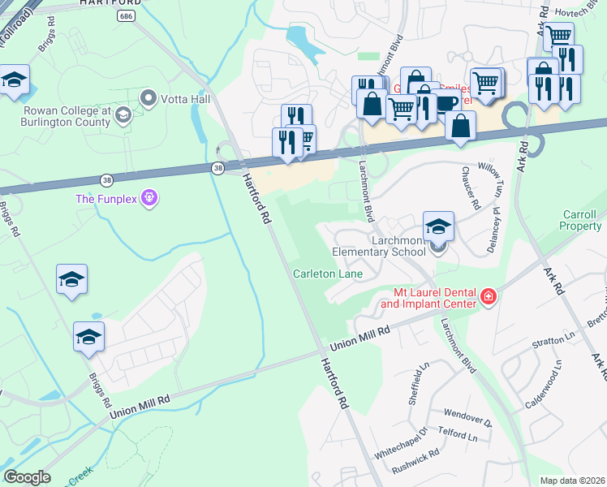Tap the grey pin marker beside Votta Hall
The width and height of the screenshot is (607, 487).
[149, 99]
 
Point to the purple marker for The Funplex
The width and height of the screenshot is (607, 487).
[148, 198]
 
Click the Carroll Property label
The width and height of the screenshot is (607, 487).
[581, 221]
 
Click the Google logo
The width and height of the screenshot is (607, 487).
[27, 477]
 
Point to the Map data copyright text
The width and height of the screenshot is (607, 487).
[572, 481]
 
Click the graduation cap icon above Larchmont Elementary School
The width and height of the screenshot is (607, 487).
[438, 226]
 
